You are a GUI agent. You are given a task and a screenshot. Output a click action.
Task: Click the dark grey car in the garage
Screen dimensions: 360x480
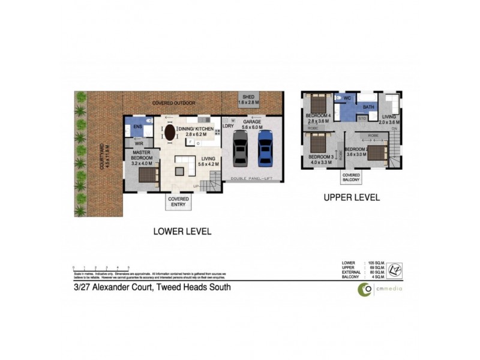click(x=240, y=148)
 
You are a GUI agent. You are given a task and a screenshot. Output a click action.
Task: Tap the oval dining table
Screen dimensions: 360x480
click(x=171, y=133)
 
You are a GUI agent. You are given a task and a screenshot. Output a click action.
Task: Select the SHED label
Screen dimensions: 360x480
click(x=247, y=97)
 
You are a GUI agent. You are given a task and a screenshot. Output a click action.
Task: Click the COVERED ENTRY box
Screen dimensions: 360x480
click(x=178, y=202)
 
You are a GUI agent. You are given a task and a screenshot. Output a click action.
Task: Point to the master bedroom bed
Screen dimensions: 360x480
click(x=148, y=175)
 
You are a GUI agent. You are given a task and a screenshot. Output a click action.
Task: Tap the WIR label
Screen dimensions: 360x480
click(x=139, y=144)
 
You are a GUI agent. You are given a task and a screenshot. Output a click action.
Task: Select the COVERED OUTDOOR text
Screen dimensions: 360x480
click(x=173, y=103)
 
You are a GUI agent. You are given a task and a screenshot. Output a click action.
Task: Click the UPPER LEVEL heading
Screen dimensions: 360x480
click(x=351, y=197)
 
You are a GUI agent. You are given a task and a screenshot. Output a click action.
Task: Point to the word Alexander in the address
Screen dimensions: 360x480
click(x=120, y=287)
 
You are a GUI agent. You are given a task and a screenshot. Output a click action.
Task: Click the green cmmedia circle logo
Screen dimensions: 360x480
click(x=364, y=289)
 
